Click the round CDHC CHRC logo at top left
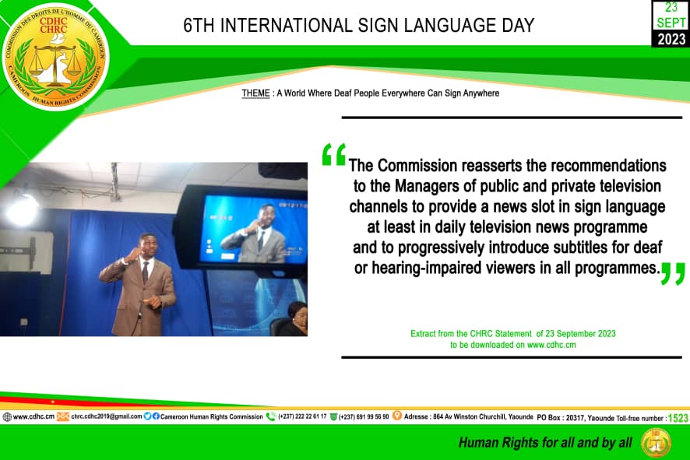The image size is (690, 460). (x=55, y=57)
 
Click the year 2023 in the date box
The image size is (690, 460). (x=671, y=39)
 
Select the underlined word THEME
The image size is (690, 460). (x=255, y=93)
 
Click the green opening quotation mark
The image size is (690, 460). (x=334, y=154)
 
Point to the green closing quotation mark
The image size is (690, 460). (x=674, y=273)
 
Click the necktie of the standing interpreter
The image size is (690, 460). (x=145, y=272)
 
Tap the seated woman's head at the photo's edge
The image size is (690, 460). (x=297, y=311)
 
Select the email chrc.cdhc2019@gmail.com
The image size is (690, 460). (x=107, y=416)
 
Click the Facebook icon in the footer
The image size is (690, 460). (x=156, y=416)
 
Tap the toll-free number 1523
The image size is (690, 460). (x=678, y=418)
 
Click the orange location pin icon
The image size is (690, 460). (x=397, y=416)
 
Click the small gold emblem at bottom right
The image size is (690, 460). (x=656, y=442)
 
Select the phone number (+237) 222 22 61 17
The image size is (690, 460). (x=302, y=416)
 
